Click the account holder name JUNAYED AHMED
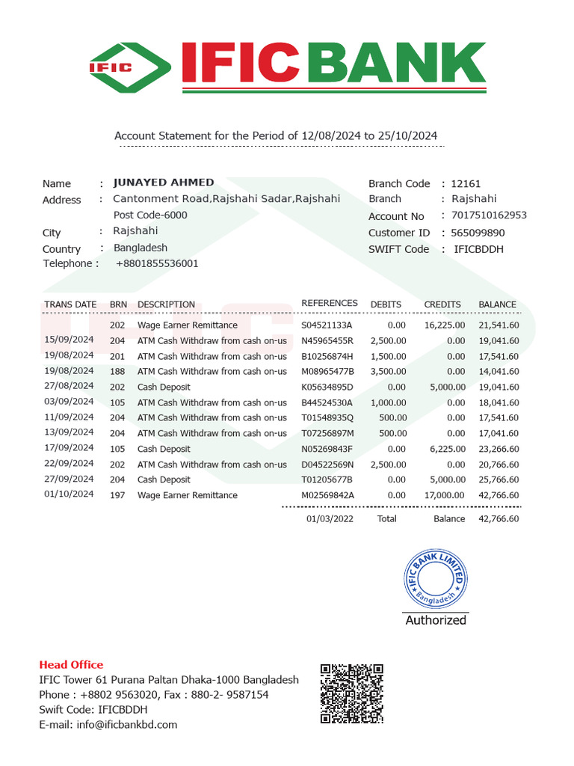pyautogui.click(x=164, y=183)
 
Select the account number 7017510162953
pyautogui.click(x=489, y=215)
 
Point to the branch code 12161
pyautogui.click(x=466, y=183)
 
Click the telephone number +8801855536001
pyautogui.click(x=157, y=263)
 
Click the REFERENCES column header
pyautogui.click(x=329, y=304)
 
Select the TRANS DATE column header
pyautogui.click(x=70, y=304)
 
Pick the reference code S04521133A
pyautogui.click(x=327, y=325)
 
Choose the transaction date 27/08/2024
pyautogui.click(x=69, y=386)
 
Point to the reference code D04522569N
pyautogui.click(x=327, y=465)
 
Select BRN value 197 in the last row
pyautogui.click(x=117, y=495)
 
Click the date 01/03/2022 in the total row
pyautogui.click(x=330, y=518)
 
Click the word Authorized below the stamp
pyautogui.click(x=436, y=620)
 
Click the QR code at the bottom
pyautogui.click(x=352, y=693)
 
